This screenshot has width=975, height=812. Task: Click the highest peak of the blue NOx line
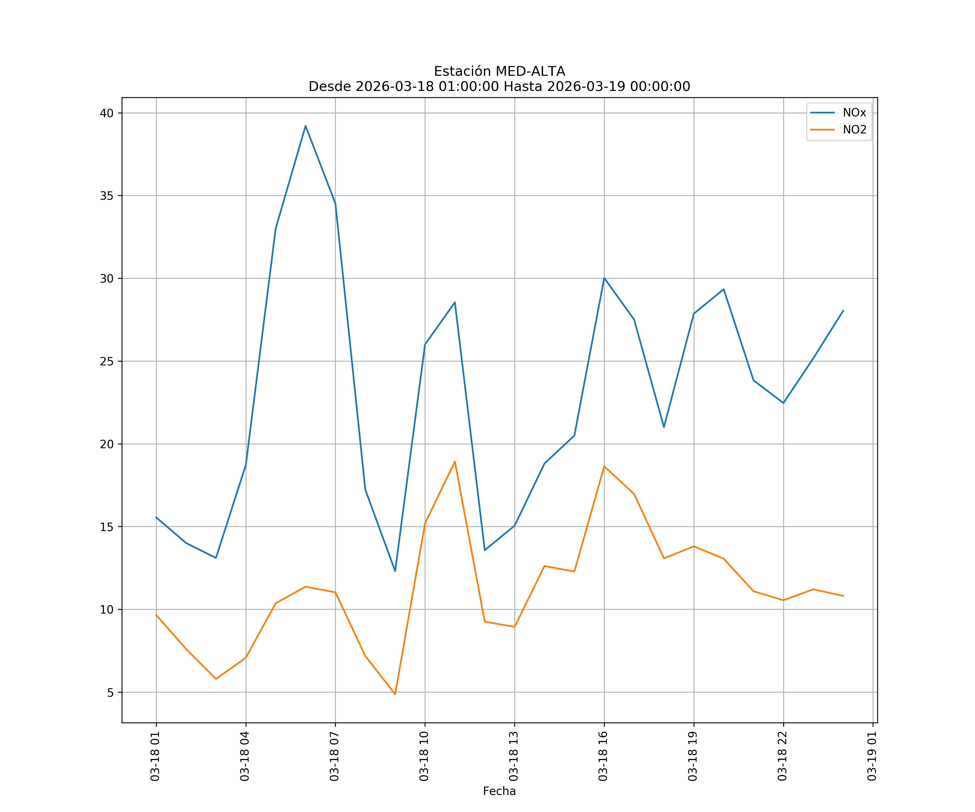[305, 126]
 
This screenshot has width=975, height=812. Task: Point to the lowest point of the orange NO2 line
[395, 694]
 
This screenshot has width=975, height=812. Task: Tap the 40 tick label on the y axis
[106, 113]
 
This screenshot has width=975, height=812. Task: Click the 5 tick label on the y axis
[110, 692]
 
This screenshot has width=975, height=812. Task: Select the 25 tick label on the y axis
[106, 361]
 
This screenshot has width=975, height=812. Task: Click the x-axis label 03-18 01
[155, 756]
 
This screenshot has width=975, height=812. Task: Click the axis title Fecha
[499, 791]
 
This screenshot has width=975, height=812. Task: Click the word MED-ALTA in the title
[530, 71]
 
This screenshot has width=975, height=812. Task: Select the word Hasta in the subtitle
[523, 87]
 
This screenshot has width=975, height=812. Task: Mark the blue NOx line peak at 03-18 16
[604, 278]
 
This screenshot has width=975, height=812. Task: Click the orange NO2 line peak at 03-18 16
[604, 466]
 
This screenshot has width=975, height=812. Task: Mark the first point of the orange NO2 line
[157, 615]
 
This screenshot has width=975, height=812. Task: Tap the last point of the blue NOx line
[843, 310]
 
